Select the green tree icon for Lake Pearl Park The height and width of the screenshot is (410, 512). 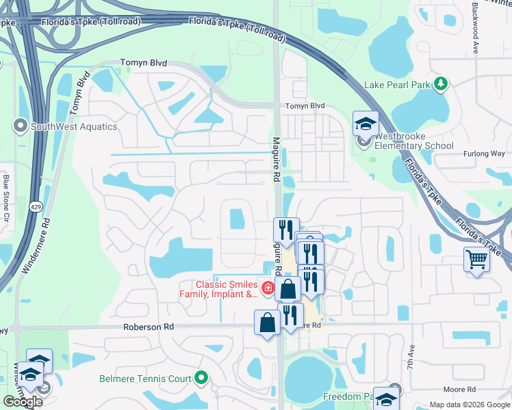tap(441, 83)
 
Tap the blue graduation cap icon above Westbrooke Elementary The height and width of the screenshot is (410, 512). tap(366, 124)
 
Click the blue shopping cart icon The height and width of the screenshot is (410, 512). tap(477, 259)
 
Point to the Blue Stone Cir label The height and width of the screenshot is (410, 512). tap(6, 194)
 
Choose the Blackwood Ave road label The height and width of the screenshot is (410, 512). tap(475, 27)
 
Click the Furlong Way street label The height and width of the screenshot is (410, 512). tap(483, 154)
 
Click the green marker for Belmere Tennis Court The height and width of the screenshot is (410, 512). tap(201, 377)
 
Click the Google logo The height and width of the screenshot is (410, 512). tap(23, 401)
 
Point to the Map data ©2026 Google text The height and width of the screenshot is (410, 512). tap(469, 405)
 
